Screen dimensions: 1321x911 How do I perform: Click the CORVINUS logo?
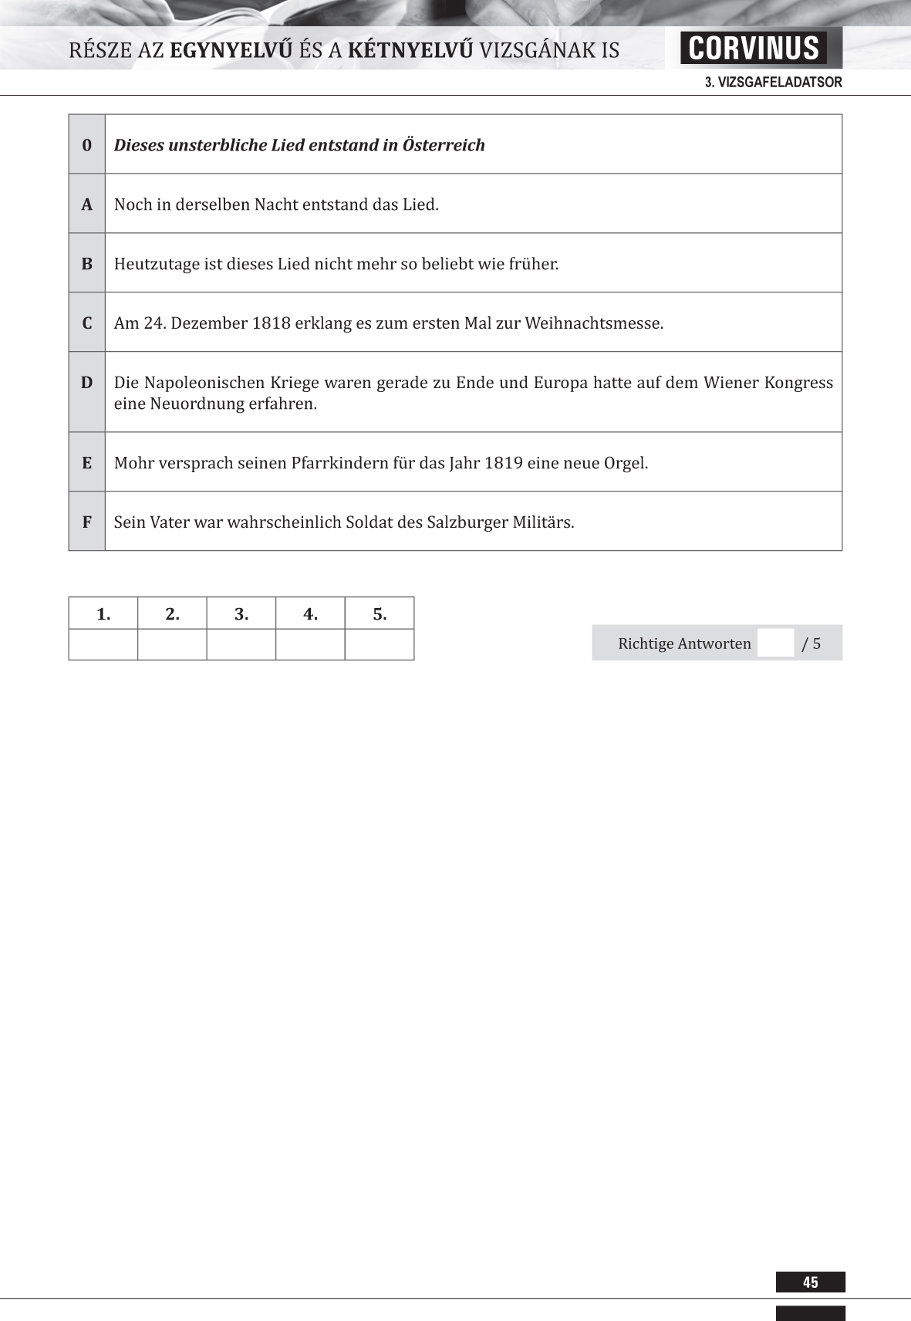click(754, 48)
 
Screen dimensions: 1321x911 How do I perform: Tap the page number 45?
click(810, 1282)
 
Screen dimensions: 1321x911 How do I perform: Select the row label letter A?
click(86, 204)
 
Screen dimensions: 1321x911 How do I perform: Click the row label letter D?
click(86, 383)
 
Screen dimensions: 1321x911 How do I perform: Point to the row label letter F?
click(86, 522)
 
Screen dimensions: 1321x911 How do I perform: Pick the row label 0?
click(86, 145)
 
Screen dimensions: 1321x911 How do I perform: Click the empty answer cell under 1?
click(103, 644)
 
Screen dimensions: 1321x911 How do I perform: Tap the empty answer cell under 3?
click(241, 644)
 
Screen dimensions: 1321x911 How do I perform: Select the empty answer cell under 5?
click(379, 644)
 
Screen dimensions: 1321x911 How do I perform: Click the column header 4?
click(310, 614)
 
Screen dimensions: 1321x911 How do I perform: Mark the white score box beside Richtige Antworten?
click(775, 643)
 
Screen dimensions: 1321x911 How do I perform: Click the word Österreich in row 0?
click(444, 145)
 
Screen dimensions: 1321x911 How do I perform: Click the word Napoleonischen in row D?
click(204, 383)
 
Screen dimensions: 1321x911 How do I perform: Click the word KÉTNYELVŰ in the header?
click(411, 50)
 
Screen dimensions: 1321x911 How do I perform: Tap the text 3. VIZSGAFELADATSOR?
click(773, 83)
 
